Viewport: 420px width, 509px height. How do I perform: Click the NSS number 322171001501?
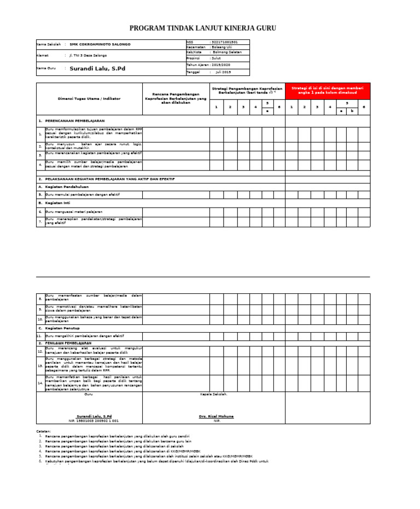pyautogui.click(x=224, y=42)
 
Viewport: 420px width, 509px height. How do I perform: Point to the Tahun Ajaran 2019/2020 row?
pyautogui.click(x=217, y=64)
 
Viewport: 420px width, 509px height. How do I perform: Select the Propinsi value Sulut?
pyautogui.click(x=221, y=57)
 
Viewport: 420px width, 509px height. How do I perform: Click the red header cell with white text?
pyautogui.click(x=327, y=90)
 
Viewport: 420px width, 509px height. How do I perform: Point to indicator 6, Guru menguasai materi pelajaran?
pyautogui.click(x=74, y=211)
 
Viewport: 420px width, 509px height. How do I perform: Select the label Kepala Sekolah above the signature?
pyautogui.click(x=214, y=394)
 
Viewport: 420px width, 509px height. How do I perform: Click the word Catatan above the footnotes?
pyautogui.click(x=44, y=431)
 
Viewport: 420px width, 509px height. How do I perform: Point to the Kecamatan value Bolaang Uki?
pyautogui.click(x=221, y=48)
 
